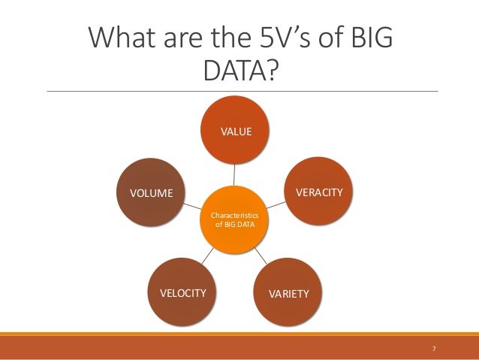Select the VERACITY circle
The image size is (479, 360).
[318, 193]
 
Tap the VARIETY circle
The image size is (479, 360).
[288, 292]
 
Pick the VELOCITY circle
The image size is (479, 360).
[183, 292]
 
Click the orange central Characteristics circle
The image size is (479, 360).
[235, 219]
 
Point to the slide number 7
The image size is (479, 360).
[434, 349]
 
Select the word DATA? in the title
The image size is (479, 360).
[240, 71]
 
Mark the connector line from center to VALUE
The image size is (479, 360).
[235, 176]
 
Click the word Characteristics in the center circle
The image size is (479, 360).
[235, 214]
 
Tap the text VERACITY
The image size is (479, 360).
[319, 193]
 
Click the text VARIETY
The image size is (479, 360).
[288, 293]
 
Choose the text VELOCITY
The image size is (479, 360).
[183, 293]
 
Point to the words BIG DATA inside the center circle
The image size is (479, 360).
[236, 224]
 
